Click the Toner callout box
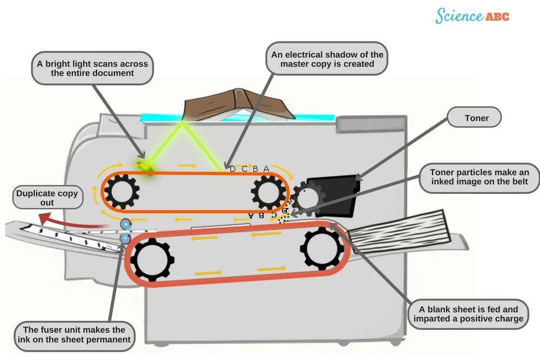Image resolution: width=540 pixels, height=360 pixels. tap(476, 118)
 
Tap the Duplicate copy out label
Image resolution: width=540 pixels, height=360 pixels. tap(47, 198)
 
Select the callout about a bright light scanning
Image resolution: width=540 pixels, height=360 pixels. tap(92, 68)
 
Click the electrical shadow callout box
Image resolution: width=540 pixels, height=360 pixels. tap(327, 59)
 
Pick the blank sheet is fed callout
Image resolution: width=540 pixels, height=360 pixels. tap(468, 314)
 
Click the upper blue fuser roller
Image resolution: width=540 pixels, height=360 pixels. tap(125, 223)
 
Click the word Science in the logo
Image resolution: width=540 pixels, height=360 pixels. tap(459, 16)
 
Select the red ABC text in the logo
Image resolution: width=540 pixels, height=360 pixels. tap(497, 17)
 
